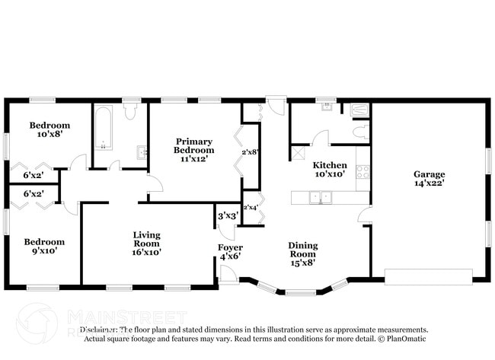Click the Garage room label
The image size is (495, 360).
[429, 178]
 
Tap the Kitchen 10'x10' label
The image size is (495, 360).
[330, 170]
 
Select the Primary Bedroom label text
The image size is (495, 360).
[193, 145]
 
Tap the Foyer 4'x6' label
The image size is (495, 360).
[230, 252]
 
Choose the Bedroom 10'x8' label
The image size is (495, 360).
[49, 129]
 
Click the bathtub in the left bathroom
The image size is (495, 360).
[104, 128]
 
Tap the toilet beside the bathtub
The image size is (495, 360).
[130, 112]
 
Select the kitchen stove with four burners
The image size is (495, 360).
[362, 172]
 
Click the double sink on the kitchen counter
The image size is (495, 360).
[320, 198]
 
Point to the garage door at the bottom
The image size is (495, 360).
[428, 276]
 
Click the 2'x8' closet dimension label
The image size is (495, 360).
[251, 152]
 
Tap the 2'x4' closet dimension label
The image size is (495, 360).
[251, 207]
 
